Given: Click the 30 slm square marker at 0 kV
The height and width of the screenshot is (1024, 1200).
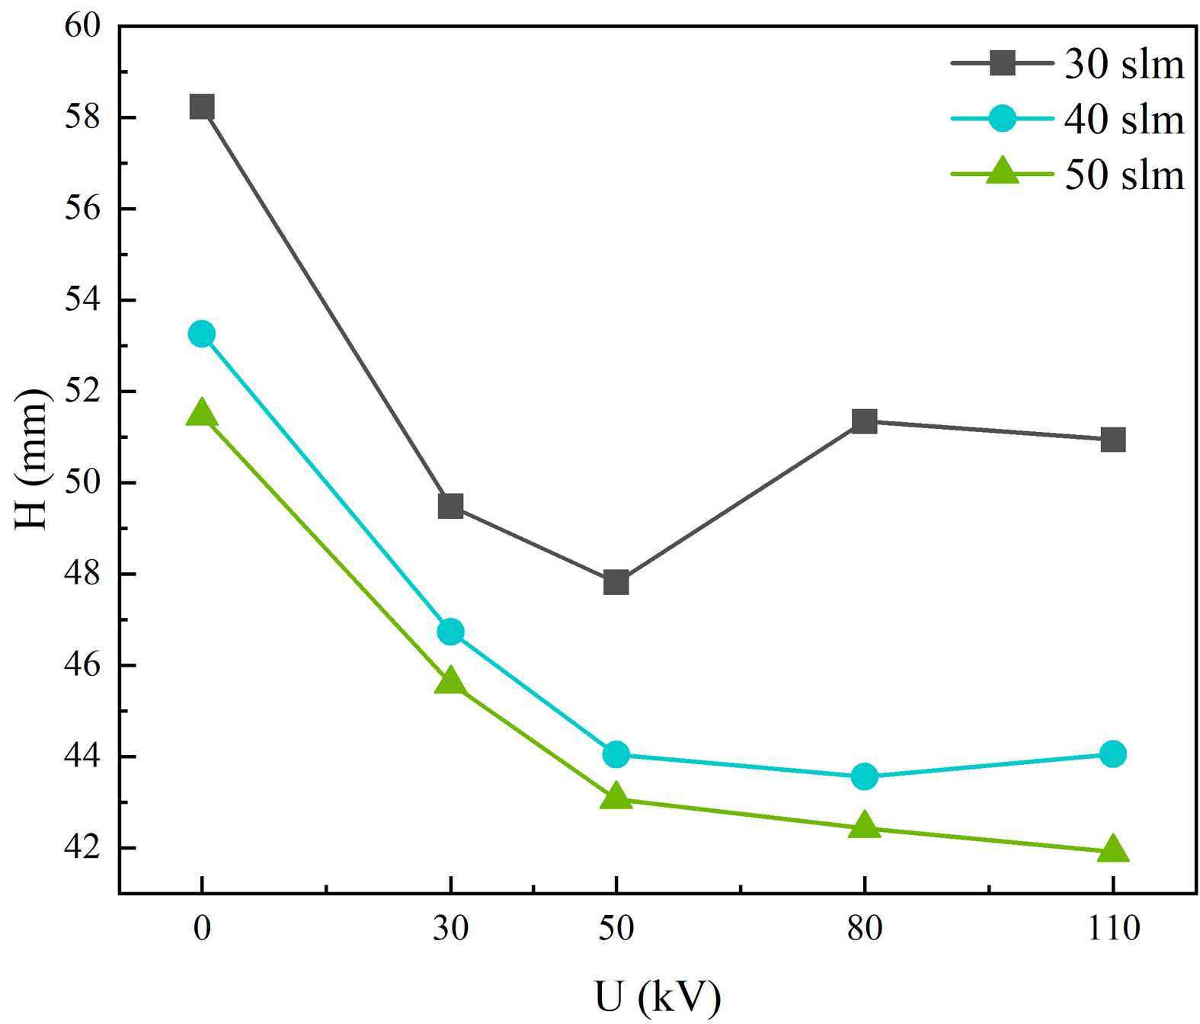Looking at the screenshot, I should tap(202, 107).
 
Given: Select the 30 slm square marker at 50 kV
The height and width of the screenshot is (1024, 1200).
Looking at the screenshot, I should tap(616, 583).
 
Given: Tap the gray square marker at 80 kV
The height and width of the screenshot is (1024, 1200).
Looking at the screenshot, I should tap(864, 421).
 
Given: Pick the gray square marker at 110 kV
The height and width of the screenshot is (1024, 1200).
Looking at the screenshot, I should tap(1112, 440).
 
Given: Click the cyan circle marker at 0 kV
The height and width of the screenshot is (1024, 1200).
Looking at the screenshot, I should tap(202, 334).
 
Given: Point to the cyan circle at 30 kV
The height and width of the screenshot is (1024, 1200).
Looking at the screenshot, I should tap(450, 632).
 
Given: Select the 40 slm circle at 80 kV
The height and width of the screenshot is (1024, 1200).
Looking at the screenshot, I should tap(864, 777).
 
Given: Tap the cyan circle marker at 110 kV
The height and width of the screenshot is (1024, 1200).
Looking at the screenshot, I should tap(1112, 754).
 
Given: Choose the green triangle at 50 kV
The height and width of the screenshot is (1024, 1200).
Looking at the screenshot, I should tap(616, 798).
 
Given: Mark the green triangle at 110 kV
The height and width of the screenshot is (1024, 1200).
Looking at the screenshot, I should tap(1112, 849).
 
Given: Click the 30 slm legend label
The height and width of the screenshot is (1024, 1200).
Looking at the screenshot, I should tap(1124, 64).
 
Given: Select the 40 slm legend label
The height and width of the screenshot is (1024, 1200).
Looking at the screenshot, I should tap(1124, 120).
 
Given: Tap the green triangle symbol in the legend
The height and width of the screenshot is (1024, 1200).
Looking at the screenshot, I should tap(1002, 172).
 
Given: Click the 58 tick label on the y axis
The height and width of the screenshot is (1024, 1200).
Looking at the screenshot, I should tap(82, 118).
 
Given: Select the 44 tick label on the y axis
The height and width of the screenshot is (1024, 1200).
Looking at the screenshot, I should tap(82, 757).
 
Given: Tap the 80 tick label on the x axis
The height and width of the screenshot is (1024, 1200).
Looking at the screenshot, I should tap(864, 928).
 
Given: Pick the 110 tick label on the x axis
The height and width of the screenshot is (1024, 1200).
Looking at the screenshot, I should tap(1113, 928).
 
